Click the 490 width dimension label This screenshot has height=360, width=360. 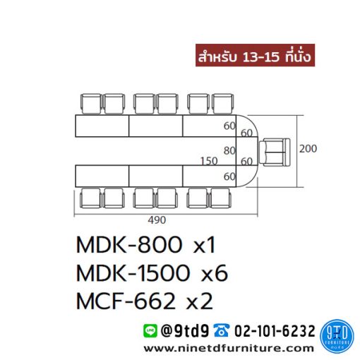[x=157, y=220]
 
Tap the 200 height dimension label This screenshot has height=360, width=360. [x=308, y=148]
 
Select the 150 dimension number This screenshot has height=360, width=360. [x=209, y=161]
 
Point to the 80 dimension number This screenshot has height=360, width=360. [x=229, y=150]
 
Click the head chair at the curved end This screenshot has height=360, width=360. [x=275, y=152]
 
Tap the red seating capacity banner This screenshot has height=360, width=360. [x=255, y=55]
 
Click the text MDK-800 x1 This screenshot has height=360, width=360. [x=145, y=245]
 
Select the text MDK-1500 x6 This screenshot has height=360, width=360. [x=152, y=273]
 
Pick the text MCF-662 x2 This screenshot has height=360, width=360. [x=145, y=301]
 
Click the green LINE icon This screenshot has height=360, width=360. [x=150, y=330]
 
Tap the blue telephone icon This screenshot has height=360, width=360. [x=221, y=330]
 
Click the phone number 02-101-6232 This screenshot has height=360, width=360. [x=275, y=331]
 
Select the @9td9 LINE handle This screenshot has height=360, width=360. [x=185, y=331]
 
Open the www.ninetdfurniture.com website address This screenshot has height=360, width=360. [x=229, y=349]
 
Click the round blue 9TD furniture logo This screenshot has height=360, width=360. [x=337, y=336]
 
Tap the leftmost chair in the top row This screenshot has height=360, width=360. [x=91, y=104]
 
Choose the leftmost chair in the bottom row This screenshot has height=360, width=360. [x=90, y=198]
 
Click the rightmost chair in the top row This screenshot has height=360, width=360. [x=222, y=104]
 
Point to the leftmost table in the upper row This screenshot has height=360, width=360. [x=102, y=126]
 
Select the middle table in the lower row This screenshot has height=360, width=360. [x=156, y=176]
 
